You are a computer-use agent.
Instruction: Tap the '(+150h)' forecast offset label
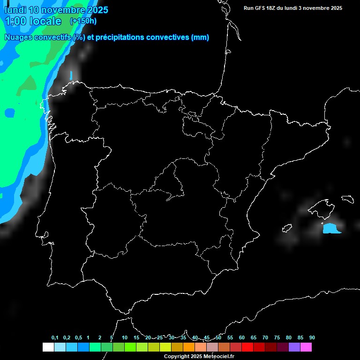tap(83, 21)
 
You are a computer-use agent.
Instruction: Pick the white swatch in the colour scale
tap(48, 347)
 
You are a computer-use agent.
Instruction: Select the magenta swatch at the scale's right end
tap(306, 347)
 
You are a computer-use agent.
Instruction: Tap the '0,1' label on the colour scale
tap(55, 338)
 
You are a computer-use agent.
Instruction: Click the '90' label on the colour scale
tap(312, 338)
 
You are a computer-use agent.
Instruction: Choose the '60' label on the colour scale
tap(241, 338)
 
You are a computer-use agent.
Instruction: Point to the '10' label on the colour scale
tap(124, 338)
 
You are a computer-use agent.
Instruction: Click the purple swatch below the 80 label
tap(294, 347)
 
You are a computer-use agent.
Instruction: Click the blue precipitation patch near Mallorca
tap(331, 229)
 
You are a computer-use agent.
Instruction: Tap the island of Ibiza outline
tap(287, 228)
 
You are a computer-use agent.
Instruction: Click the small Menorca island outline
tap(347, 199)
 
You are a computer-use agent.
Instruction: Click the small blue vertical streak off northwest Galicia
tap(71, 75)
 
